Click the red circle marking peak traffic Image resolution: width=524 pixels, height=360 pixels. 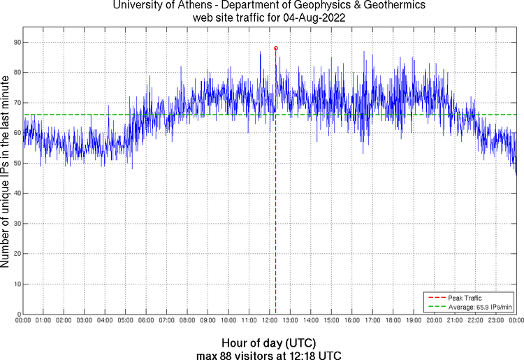tap(276, 48)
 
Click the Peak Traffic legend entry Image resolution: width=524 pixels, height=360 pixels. tap(465, 298)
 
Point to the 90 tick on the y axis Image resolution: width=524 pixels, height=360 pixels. tap(17, 43)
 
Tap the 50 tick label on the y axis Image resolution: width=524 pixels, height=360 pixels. tap(17, 164)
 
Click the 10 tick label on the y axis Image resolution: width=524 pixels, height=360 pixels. tap(17, 285)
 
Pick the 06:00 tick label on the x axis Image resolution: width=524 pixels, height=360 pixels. tap(145, 320)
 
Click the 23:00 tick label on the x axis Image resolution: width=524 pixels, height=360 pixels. tap(495, 320)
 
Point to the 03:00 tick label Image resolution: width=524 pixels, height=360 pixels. tap(84, 320)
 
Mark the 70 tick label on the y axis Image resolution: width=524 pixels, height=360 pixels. tap(17, 103)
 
